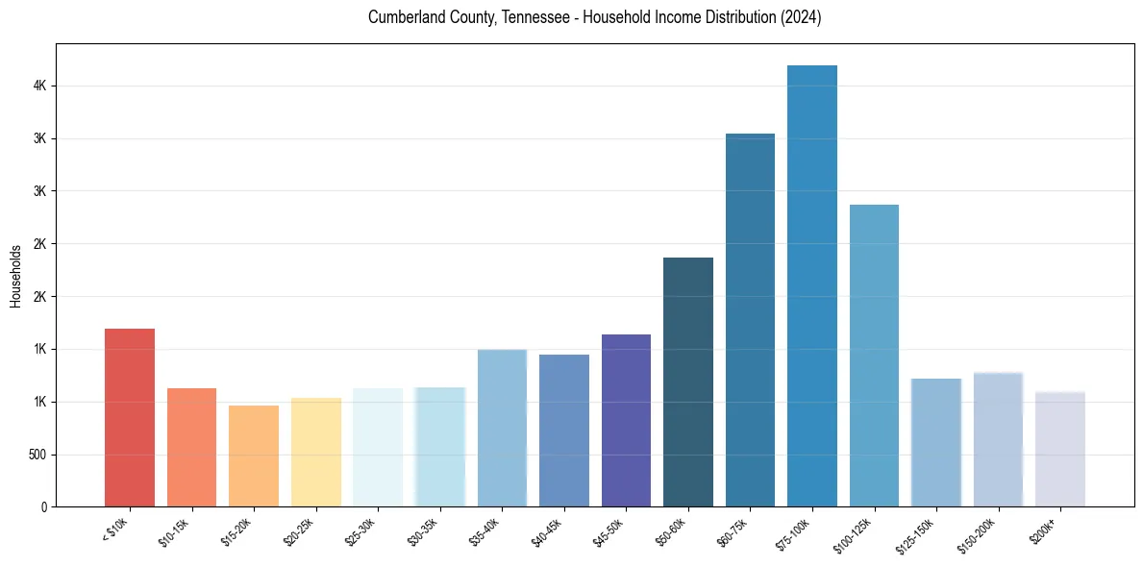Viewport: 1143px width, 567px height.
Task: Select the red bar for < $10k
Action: (130, 417)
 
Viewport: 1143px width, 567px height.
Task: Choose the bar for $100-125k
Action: (874, 356)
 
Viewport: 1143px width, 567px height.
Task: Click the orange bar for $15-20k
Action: (254, 456)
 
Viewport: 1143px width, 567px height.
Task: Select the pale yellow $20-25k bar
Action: (316, 452)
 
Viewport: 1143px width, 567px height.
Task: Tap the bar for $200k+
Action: (1060, 449)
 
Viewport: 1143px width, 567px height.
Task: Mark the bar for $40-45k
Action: (564, 431)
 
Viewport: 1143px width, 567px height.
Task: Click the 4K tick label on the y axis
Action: (39, 86)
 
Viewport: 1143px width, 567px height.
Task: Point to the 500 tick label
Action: (37, 455)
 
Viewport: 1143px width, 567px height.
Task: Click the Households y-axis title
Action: (16, 276)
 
